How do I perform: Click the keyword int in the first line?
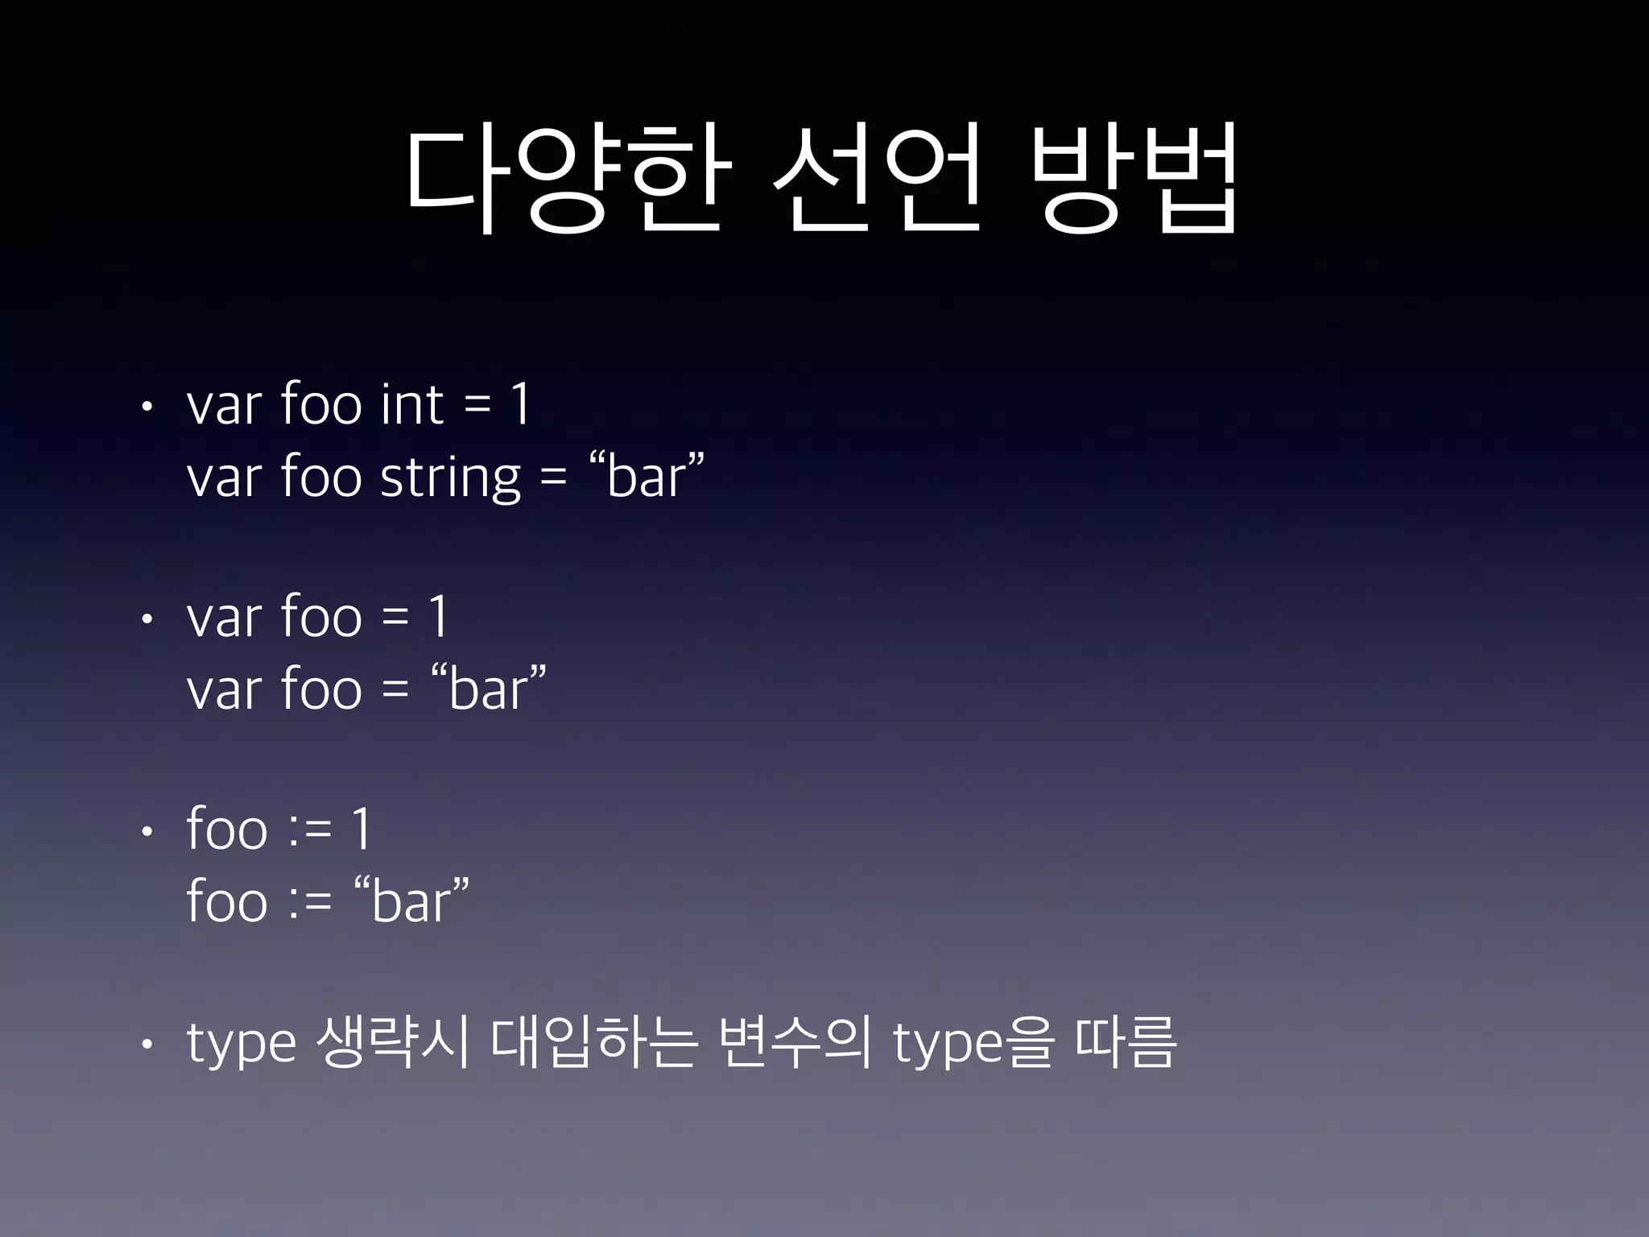coord(411,404)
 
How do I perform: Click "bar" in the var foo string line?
coord(647,477)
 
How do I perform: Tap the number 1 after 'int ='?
coord(521,404)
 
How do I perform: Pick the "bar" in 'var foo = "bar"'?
coord(490,689)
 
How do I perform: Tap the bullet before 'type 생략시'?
coord(146,1045)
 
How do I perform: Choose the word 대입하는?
coord(593,1042)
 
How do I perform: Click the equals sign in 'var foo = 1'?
coord(395,618)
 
